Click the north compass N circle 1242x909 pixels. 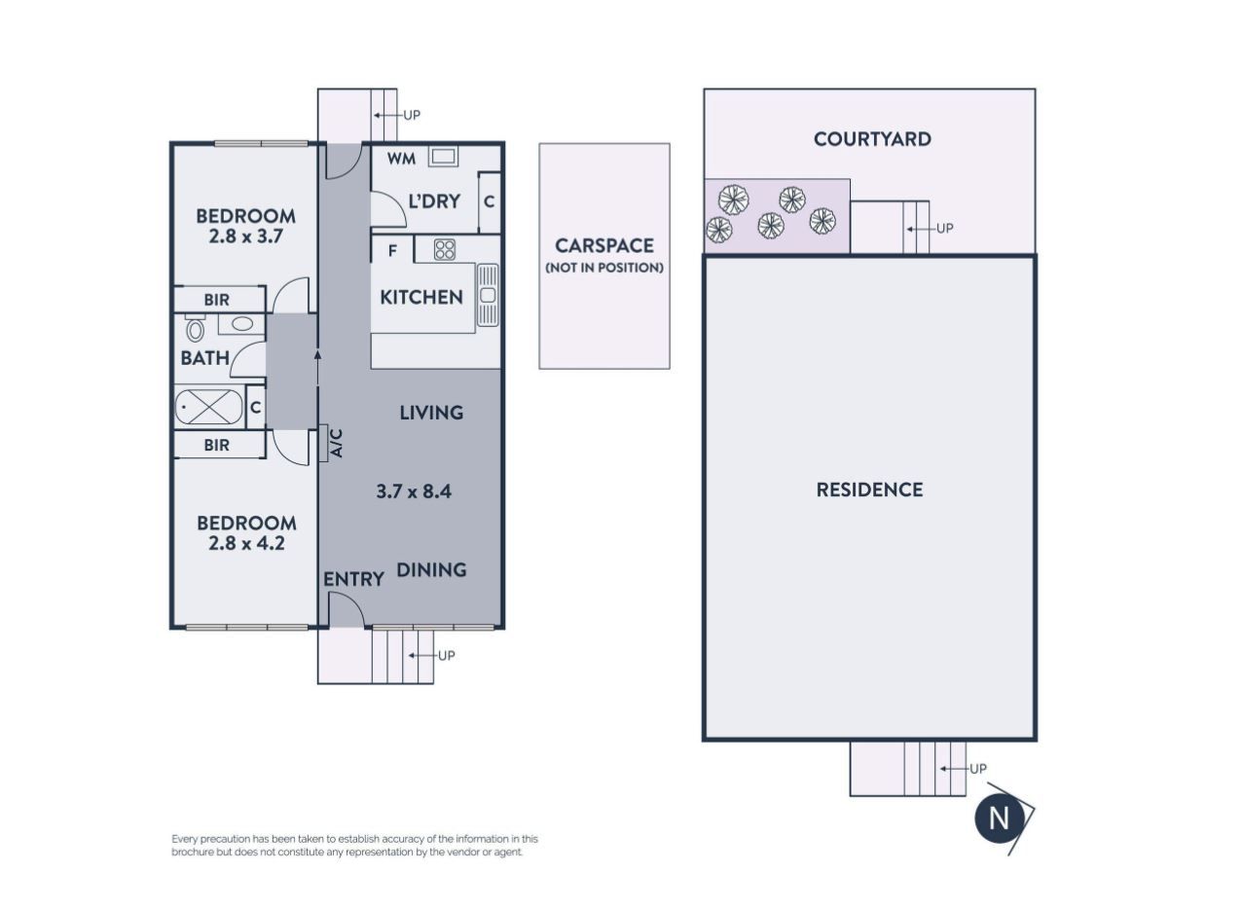pyautogui.click(x=999, y=818)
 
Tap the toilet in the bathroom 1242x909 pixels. pyautogui.click(x=195, y=329)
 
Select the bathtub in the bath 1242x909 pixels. pyautogui.click(x=209, y=407)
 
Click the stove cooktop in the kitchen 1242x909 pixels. pyautogui.click(x=444, y=249)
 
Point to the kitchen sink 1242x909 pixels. pyautogui.click(x=488, y=294)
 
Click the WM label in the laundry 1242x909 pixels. pyautogui.click(x=401, y=159)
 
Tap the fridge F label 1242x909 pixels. pyautogui.click(x=392, y=251)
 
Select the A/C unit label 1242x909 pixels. pyautogui.click(x=337, y=443)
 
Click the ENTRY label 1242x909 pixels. pyautogui.click(x=353, y=579)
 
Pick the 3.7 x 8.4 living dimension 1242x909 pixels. pyautogui.click(x=414, y=491)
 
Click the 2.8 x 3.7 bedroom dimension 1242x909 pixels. pyautogui.click(x=245, y=236)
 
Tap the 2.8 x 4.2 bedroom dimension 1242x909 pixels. pyautogui.click(x=246, y=543)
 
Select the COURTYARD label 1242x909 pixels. pyautogui.click(x=872, y=139)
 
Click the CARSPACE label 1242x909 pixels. pyautogui.click(x=604, y=245)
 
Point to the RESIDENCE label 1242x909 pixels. pyautogui.click(x=869, y=490)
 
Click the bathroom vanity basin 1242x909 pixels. pyautogui.click(x=241, y=324)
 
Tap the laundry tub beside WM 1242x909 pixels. pyautogui.click(x=443, y=157)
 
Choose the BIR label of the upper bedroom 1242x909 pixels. pyautogui.click(x=216, y=300)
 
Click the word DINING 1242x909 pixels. pyautogui.click(x=431, y=569)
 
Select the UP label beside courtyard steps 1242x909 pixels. pyautogui.click(x=945, y=229)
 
